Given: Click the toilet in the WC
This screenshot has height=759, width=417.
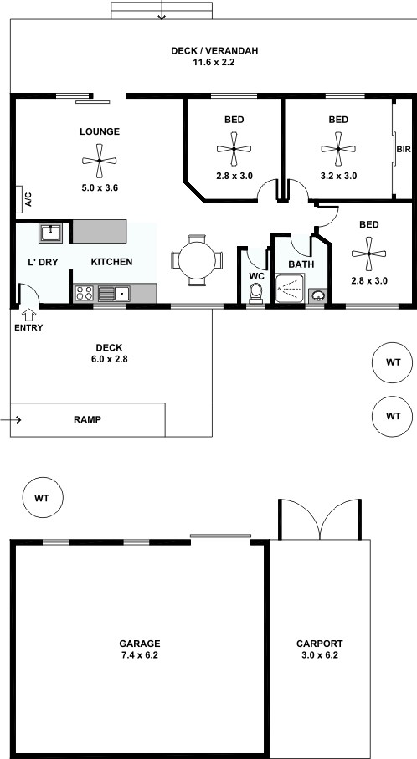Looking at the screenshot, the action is [255, 293].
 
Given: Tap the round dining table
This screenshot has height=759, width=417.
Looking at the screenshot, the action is [197, 260].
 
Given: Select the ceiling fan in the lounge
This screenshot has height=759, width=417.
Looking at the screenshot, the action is [100, 160].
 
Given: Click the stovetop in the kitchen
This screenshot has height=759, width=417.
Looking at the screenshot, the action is [85, 294].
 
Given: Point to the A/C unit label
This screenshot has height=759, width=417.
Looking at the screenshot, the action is [28, 199].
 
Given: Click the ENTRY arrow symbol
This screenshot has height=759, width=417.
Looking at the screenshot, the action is [28, 315].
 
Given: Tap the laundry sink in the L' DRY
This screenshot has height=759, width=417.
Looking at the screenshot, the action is [50, 233].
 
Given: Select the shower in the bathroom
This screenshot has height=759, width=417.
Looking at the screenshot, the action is [290, 289].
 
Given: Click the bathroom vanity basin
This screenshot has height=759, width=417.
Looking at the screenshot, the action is [317, 295].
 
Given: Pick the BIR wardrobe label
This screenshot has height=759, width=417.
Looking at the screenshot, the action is [404, 150].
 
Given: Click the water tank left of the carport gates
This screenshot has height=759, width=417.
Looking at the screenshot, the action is [43, 497].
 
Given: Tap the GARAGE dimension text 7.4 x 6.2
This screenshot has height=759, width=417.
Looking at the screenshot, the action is [140, 655].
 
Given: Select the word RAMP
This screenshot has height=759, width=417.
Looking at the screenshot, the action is [88, 420].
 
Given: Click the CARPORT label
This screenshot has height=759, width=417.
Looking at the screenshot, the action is [320, 644].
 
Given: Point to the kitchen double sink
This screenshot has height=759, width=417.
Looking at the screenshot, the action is [115, 294].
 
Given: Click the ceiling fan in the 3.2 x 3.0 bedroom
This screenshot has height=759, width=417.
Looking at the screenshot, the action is [338, 149].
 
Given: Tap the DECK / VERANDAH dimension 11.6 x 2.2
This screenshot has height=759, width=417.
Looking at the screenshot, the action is [214, 62].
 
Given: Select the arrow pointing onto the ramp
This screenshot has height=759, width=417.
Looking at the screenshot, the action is [11, 420].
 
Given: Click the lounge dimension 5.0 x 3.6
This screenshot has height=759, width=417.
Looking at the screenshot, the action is [100, 187].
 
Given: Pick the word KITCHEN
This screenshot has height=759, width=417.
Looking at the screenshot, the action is [112, 262].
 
